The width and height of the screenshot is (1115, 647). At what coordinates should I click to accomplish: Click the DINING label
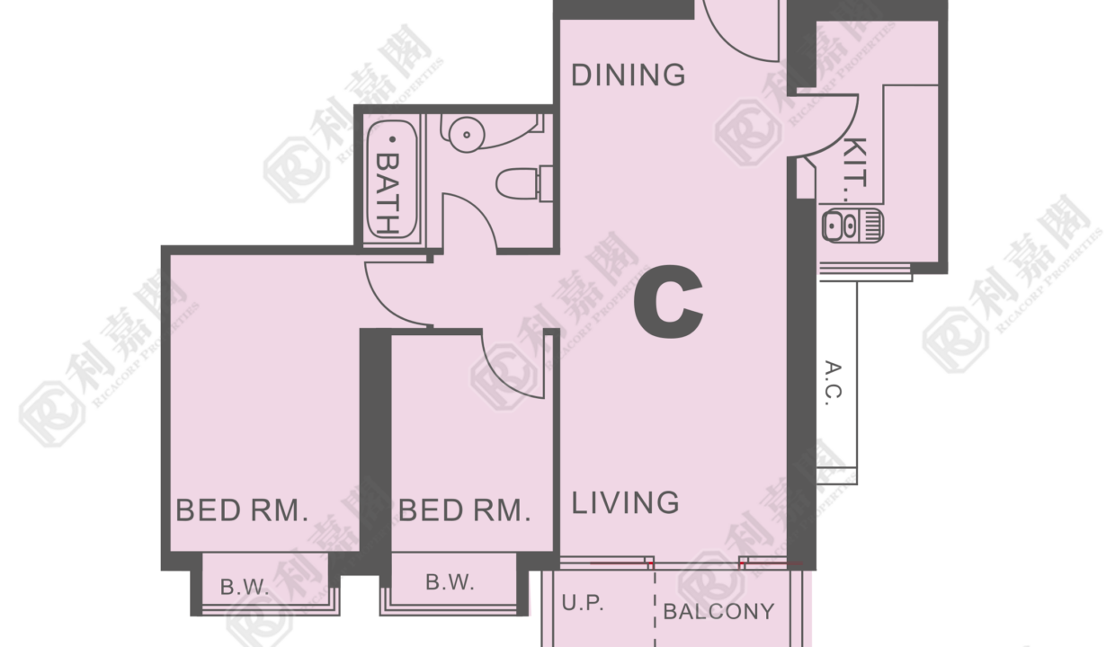[629, 75]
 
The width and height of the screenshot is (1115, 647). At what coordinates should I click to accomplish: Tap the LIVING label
[625, 502]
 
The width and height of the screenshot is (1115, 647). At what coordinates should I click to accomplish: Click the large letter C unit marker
[668, 301]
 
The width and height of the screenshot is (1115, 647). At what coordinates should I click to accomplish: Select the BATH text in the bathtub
[388, 193]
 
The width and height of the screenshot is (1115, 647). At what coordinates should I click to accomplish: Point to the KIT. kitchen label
[855, 169]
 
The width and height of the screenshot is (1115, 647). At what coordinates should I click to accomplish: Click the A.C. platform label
[834, 383]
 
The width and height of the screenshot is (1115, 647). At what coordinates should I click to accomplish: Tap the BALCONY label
[718, 611]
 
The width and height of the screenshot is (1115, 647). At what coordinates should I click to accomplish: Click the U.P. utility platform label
[583, 603]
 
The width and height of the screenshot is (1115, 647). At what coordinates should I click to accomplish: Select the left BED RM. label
[242, 510]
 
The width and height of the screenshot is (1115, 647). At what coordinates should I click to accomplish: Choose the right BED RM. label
[464, 510]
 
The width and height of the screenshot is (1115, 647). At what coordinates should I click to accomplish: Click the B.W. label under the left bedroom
[245, 588]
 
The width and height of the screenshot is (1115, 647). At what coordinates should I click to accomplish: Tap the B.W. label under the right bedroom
[450, 582]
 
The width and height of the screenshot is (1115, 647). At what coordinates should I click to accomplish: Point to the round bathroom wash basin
[467, 134]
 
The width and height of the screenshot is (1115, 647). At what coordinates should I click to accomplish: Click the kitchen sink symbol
[852, 226]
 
